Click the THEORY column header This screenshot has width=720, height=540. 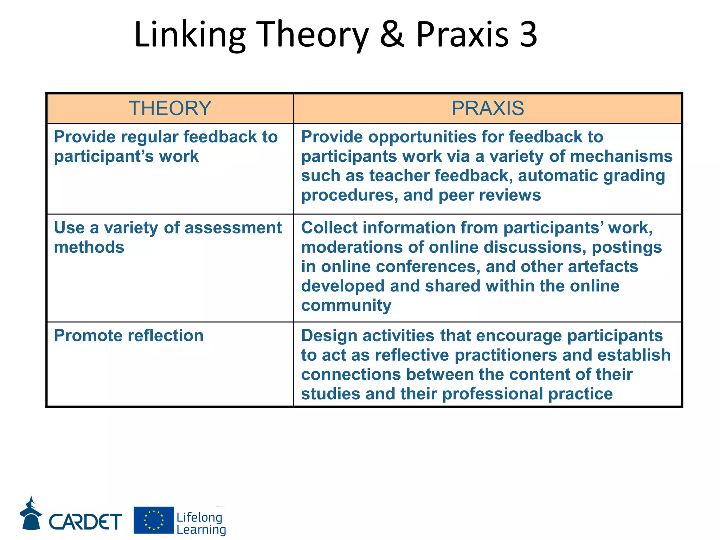pos(170,108)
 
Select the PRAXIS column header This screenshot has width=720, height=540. pos(488,108)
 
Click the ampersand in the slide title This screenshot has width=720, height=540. pos(392,34)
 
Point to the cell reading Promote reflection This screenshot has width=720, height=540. pos(129,336)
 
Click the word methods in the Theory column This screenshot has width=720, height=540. pos(89,247)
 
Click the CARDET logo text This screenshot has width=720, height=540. pos(85,521)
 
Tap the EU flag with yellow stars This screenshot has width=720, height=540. pos(154,520)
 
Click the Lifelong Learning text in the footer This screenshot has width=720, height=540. pos(201,523)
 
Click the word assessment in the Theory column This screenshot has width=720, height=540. pos(233,228)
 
